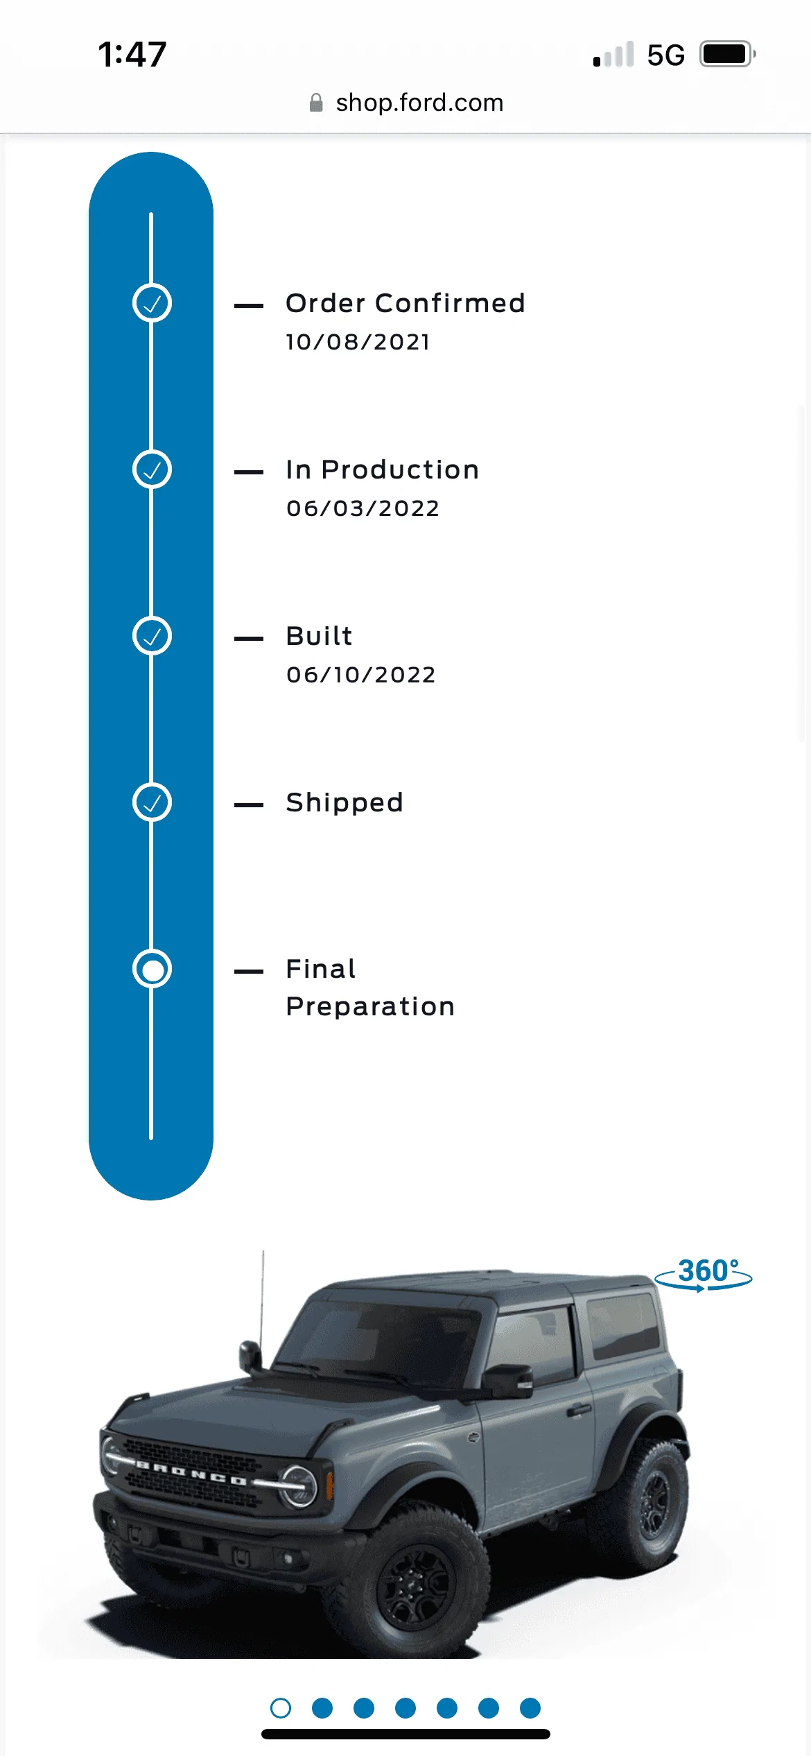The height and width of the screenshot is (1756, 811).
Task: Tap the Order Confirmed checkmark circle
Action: (x=152, y=303)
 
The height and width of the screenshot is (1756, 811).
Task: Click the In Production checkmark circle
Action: (x=152, y=470)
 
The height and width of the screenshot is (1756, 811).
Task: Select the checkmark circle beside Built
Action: (x=152, y=636)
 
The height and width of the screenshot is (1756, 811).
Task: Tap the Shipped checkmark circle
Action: (x=152, y=802)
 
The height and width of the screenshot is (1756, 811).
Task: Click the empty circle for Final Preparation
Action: (x=152, y=969)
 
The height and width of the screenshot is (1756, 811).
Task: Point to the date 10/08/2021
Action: (x=358, y=342)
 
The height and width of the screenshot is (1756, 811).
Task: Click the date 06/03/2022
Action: (x=363, y=508)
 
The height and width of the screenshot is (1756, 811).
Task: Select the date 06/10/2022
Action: (x=360, y=675)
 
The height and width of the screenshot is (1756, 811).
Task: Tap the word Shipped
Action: (x=345, y=803)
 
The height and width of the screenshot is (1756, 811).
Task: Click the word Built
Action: (x=319, y=636)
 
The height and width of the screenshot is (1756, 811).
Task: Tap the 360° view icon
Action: (x=704, y=1275)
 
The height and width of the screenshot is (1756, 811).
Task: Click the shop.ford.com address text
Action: (x=419, y=103)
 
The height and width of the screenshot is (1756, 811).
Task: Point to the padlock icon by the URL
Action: (x=316, y=103)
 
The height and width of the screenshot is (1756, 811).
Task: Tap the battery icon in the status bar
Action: (x=727, y=54)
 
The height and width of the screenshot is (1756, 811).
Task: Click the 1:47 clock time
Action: (x=132, y=54)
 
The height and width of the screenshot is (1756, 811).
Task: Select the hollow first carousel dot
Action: (x=281, y=1707)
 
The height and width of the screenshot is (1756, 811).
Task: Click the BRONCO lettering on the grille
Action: (x=191, y=1474)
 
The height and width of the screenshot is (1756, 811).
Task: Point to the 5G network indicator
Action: (x=665, y=55)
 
